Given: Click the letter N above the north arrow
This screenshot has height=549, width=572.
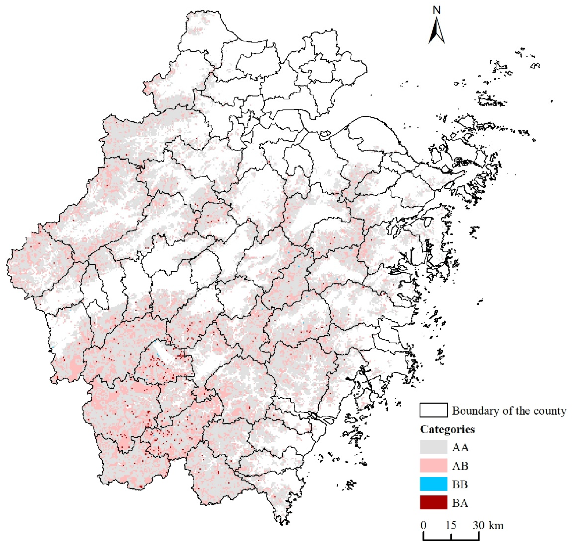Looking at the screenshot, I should [436, 10].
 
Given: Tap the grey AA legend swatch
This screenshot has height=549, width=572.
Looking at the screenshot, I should [433, 447].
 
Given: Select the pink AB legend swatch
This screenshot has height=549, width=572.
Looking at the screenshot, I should [433, 465].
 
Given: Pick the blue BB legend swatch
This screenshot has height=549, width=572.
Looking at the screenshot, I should [433, 484].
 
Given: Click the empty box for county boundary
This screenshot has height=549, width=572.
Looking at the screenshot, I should [433, 410].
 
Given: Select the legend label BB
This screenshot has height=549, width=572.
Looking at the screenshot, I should [460, 484].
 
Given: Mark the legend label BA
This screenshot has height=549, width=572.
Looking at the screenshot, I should [460, 503].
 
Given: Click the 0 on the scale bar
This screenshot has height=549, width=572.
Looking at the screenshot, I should [423, 525].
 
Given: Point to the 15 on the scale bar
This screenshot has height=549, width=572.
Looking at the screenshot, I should [451, 525].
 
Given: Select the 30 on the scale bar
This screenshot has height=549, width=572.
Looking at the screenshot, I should [479, 525].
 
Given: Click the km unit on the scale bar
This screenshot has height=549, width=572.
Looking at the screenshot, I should [496, 525].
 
